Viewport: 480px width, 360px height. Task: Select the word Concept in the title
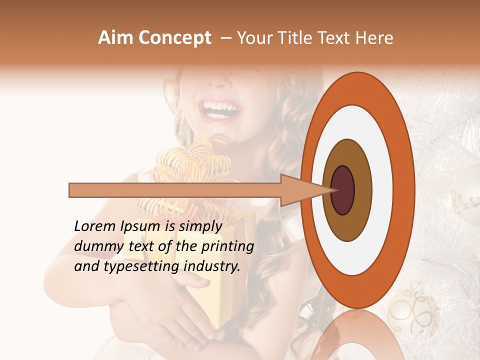point(175,38)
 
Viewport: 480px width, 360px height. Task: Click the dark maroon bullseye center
point(343,190)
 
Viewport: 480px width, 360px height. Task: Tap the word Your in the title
point(253,38)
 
